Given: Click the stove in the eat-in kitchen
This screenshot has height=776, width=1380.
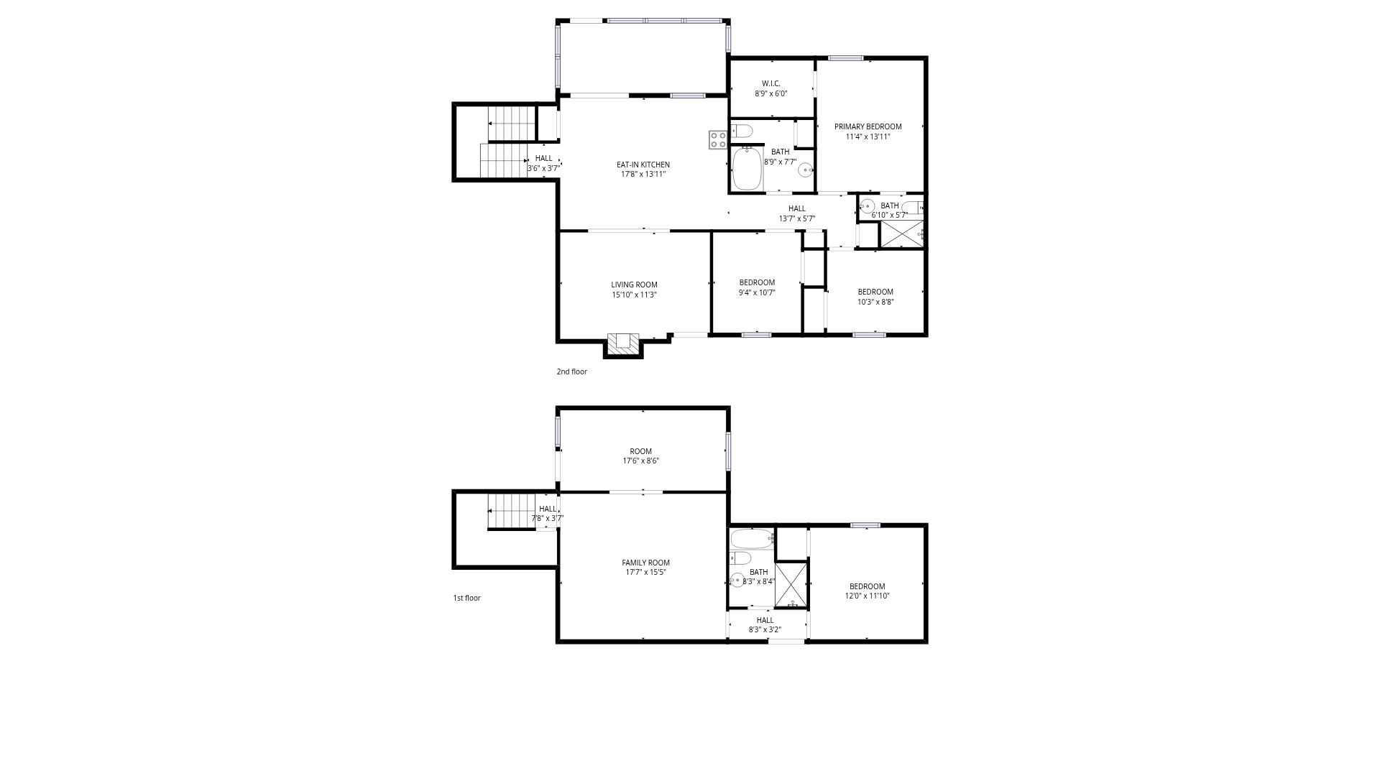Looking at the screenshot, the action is pos(717,139).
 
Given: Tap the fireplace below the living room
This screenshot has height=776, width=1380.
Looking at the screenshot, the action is pos(623,343).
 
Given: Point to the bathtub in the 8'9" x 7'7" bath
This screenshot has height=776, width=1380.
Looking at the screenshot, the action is pos(747,168).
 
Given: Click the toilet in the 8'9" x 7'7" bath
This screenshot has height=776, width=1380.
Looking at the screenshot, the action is pos(742,131).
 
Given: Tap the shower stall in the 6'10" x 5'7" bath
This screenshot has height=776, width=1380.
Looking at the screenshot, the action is pos(901,234).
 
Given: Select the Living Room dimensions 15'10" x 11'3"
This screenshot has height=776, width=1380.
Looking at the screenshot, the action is pos(634,295).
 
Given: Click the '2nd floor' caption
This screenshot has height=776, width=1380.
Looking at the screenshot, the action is pos(571,371).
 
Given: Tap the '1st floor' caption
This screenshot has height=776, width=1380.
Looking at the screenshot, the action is pos(466,598).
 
